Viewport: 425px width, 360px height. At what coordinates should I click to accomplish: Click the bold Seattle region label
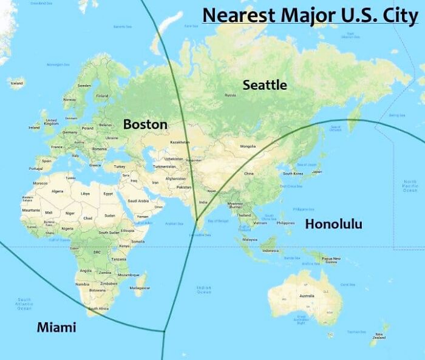tap(265, 85)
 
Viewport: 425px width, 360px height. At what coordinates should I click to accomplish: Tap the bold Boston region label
tap(145, 124)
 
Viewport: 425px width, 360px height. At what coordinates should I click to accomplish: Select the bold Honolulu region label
tap(333, 224)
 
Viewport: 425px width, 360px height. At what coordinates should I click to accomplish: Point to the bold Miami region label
tap(56, 327)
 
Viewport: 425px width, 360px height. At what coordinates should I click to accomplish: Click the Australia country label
tap(307, 296)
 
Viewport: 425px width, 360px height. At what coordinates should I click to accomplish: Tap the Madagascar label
tap(140, 288)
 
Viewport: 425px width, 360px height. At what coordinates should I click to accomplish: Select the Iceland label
tap(16, 83)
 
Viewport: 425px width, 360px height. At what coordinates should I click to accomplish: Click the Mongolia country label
tap(248, 146)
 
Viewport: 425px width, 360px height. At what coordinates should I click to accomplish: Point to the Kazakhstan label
tap(180, 142)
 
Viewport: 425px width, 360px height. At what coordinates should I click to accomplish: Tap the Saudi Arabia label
tap(138, 201)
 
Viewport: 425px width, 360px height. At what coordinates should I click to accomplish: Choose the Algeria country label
tap(57, 191)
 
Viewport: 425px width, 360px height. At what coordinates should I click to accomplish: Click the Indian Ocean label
tap(203, 290)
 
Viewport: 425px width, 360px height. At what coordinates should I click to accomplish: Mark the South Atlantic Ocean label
tap(24, 304)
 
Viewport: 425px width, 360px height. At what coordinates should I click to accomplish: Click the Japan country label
tap(316, 172)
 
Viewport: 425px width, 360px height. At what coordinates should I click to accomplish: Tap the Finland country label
tap(102, 96)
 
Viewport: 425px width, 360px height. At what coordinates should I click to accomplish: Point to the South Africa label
tap(97, 308)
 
